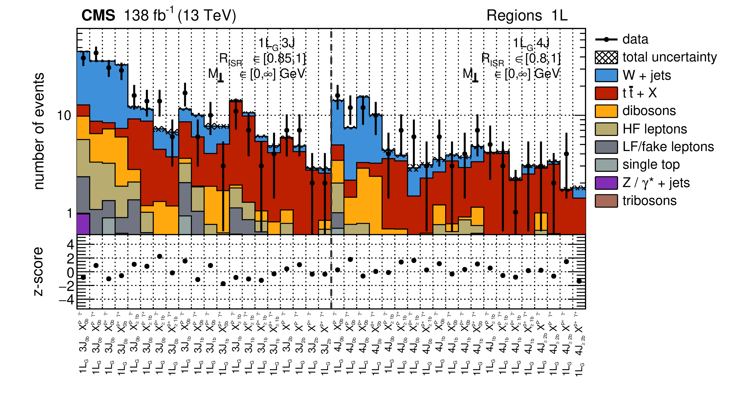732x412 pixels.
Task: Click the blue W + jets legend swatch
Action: coord(606,75)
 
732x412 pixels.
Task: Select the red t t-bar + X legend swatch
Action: coord(606,93)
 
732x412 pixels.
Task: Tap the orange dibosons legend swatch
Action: coord(606,111)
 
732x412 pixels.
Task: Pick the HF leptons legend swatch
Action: coord(606,129)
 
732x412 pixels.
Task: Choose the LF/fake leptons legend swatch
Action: coord(606,147)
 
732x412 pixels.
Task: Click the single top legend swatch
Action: coord(606,165)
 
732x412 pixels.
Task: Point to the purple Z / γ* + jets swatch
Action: coord(606,183)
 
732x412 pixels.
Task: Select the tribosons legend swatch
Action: coord(606,201)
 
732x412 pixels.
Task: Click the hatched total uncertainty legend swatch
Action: coord(606,57)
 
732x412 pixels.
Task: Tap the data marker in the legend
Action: coord(606,40)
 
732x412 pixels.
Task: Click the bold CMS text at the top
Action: coord(98,15)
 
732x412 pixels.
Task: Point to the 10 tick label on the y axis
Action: coord(64,116)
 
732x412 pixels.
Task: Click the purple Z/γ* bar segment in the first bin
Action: coord(83,224)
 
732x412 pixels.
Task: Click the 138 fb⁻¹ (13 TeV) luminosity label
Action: coord(180,15)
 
